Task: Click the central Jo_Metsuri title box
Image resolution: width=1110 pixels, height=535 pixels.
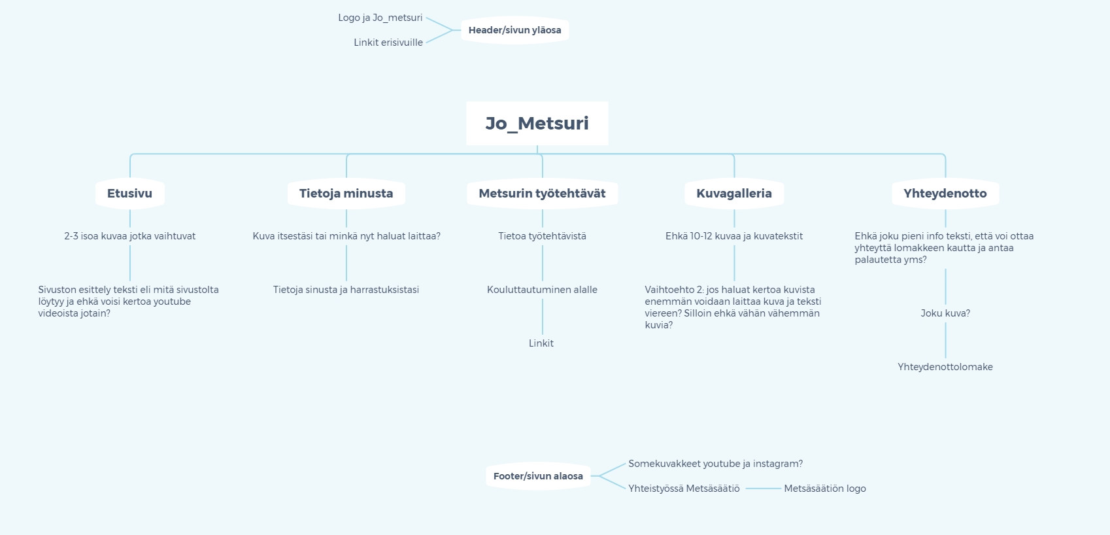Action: pos(537,124)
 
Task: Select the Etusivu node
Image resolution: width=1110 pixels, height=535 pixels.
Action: pos(130,194)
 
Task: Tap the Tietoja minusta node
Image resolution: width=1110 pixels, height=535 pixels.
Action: pos(346,194)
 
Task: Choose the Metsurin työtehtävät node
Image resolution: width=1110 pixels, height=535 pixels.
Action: pos(542,194)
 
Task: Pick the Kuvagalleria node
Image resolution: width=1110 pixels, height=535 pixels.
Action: pos(734,194)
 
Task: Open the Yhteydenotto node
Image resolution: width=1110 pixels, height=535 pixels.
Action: pos(945,194)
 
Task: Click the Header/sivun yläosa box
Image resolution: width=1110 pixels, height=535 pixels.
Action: pos(515,30)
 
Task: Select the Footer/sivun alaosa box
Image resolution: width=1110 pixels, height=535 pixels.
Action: pos(538,476)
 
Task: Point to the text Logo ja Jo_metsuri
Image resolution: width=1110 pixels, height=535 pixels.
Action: pos(380,18)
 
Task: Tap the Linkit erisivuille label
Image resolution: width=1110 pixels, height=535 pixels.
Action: pos(388,43)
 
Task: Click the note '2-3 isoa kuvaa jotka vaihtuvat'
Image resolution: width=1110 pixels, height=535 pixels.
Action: pos(130,236)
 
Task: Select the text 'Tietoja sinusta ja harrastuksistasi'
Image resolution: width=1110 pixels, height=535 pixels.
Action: pos(346,290)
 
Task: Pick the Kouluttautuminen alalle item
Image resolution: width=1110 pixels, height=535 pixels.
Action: pos(542,290)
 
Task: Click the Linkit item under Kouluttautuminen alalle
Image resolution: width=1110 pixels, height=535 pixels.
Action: pos(541,343)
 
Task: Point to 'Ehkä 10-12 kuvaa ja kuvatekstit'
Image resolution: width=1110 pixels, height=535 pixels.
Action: pos(734,236)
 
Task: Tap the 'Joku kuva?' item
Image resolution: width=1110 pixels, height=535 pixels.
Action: pos(945,313)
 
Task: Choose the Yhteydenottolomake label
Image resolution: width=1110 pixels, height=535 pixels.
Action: pos(945,367)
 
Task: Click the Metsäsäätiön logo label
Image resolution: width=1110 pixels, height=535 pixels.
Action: pos(825,489)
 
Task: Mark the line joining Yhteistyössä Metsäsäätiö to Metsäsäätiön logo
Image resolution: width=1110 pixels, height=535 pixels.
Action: pos(763,489)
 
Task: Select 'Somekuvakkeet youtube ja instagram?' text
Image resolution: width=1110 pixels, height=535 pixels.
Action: pos(716,464)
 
